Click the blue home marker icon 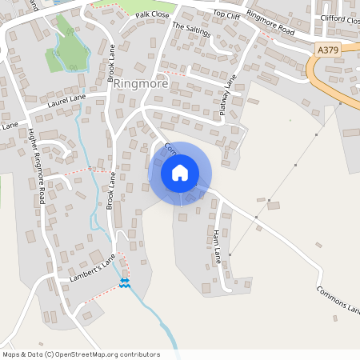[x=180, y=173]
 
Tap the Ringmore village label [x=142, y=82]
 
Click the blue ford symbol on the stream [x=124, y=283]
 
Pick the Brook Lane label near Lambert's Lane [x=111, y=193]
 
